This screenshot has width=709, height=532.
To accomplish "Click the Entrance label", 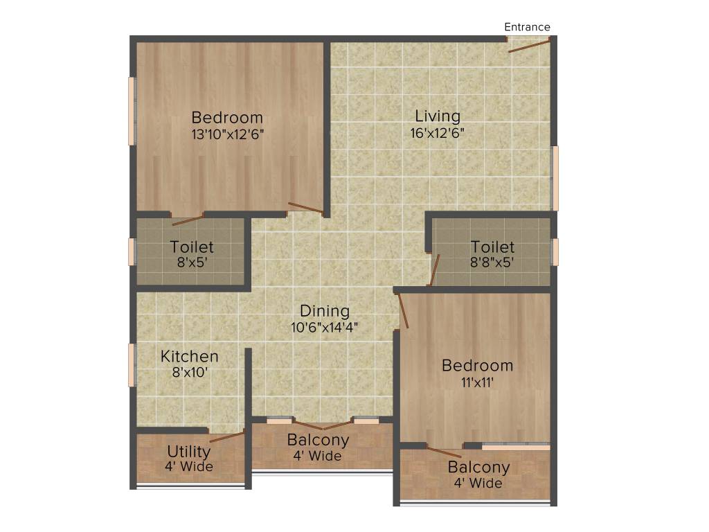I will point(527,27).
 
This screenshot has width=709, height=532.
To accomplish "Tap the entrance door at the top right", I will point(529,46).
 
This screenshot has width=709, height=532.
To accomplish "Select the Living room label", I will point(438,116).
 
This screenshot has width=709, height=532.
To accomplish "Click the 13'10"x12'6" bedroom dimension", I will point(228,134).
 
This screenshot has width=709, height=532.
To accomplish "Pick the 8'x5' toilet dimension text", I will point(192,263).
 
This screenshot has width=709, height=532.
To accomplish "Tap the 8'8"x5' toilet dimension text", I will point(493,263).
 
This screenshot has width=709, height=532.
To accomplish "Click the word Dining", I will point(325,311).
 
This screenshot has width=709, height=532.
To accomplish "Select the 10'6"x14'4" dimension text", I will point(324,327).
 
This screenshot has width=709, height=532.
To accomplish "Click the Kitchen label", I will point(190,357).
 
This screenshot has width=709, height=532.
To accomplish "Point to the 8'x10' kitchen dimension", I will point(190,373).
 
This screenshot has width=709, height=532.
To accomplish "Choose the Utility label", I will point(189,452).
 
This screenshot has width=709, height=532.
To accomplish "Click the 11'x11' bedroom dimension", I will point(478,382).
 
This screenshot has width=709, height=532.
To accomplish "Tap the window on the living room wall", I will point(555,178).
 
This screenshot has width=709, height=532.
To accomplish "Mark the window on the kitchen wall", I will point(132,365).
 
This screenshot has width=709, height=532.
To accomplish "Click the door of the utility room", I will point(226,436).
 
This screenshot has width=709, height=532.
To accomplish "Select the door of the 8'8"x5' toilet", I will point(434,271).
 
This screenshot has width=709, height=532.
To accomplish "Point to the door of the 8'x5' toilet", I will point(188,220).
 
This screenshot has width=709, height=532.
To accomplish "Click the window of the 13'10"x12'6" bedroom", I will point(132,111).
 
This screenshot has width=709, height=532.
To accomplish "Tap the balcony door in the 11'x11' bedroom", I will point(444,452).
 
